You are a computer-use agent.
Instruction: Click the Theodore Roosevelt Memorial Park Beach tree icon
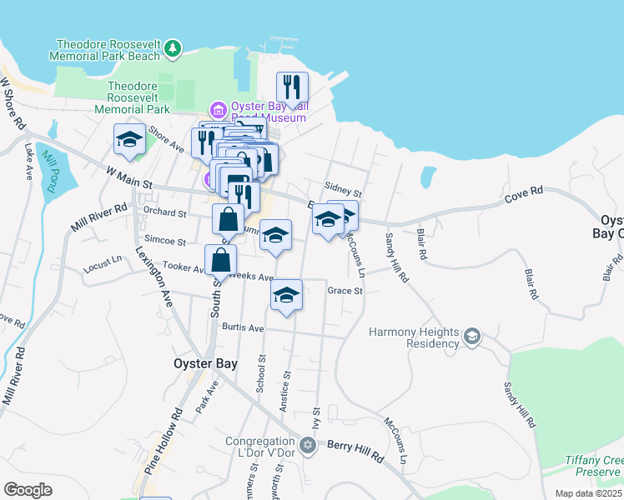(x=173, y=49)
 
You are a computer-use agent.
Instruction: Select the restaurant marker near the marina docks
(x=292, y=86)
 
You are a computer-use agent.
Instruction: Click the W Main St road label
(x=131, y=176)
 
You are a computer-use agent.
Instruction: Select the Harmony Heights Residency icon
(x=472, y=336)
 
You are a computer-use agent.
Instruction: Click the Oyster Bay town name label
(x=205, y=363)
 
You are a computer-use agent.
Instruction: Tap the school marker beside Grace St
(x=286, y=294)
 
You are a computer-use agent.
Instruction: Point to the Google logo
(x=28, y=489)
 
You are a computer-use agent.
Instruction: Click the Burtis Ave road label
(x=243, y=328)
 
